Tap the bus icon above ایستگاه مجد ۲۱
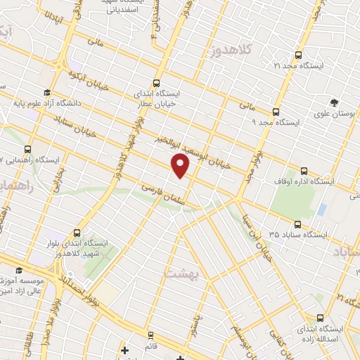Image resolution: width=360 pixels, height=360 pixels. click(299, 55)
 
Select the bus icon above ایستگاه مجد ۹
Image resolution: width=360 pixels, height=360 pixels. click(275, 111)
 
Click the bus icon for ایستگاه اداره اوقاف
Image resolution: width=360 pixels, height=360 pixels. click(304, 170)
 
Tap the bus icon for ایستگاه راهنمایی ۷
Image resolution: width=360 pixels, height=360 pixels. click(28, 149)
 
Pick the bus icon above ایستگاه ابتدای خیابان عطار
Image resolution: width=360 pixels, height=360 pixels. click(156, 82)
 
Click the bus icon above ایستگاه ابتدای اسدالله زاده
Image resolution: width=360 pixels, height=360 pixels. click(321, 317)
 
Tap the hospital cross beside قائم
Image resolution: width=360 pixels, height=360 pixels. click(124, 349)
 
